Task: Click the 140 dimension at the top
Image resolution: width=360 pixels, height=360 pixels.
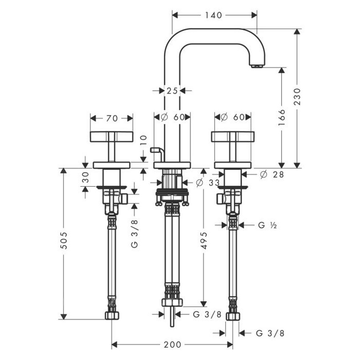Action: (x=213, y=15)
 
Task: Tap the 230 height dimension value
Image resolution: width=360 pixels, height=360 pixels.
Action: (x=297, y=97)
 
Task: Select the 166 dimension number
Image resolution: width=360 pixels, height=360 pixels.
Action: (x=282, y=117)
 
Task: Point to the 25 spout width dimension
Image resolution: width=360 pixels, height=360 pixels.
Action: (x=172, y=91)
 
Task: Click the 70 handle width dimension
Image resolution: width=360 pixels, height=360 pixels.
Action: (x=112, y=119)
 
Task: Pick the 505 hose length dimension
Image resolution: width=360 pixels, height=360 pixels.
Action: (x=63, y=240)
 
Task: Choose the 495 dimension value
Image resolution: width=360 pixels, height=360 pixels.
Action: (x=203, y=240)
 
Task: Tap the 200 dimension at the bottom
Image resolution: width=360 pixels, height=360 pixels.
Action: (x=172, y=344)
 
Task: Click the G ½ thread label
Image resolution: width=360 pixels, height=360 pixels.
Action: (x=267, y=225)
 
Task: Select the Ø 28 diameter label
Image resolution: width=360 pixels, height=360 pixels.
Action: (x=272, y=174)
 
